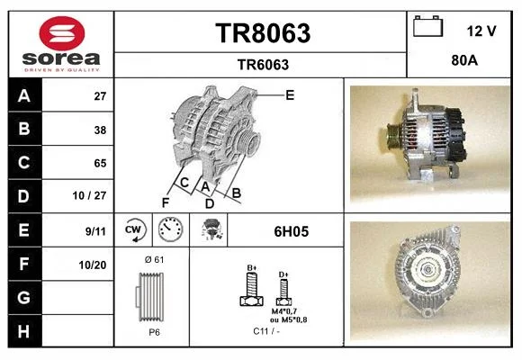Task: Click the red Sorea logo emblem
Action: click(x=62, y=33)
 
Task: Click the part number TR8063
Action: click(x=263, y=33)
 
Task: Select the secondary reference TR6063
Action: click(x=263, y=65)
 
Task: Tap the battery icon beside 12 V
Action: click(x=428, y=26)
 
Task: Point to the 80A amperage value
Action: click(x=464, y=60)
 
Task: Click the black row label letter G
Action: click(x=24, y=297)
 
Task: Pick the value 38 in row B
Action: click(x=100, y=130)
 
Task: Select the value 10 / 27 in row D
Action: click(x=89, y=195)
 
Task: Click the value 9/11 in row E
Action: click(x=95, y=230)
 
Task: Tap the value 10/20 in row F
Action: click(x=93, y=265)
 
